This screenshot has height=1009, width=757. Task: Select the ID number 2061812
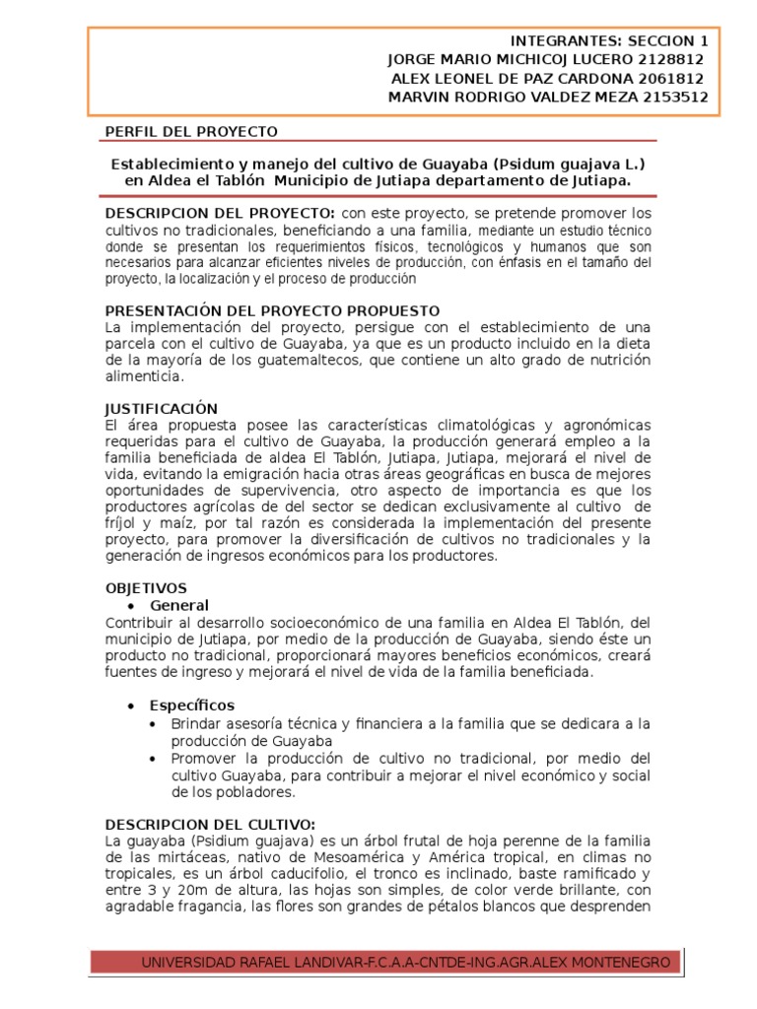(669, 78)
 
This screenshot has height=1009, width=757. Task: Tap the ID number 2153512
(671, 97)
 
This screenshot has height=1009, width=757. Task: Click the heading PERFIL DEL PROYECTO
(191, 131)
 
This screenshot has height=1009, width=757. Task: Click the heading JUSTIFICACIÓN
(162, 408)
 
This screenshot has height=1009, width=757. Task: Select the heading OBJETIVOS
(146, 587)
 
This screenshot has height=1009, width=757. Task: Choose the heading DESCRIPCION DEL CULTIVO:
(210, 823)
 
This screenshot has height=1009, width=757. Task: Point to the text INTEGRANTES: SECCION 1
(609, 40)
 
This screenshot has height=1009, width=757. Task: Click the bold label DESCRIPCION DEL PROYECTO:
(220, 214)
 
